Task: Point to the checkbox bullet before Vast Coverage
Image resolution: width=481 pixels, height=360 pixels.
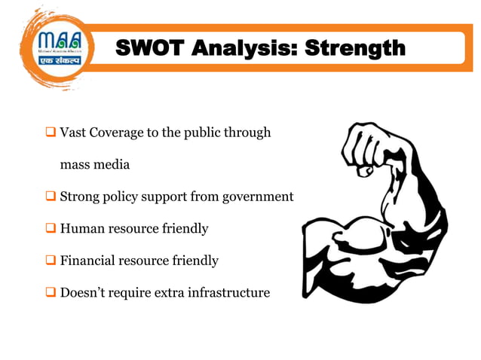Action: click(52, 133)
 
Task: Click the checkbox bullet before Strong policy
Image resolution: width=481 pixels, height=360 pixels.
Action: click(52, 197)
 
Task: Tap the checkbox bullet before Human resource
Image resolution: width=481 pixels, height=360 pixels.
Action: click(52, 228)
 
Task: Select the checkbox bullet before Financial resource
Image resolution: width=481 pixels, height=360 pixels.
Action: click(52, 261)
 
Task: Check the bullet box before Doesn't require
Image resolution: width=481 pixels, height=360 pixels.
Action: click(52, 292)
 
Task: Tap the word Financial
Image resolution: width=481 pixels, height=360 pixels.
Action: click(87, 261)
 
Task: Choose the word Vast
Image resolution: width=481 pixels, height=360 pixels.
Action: click(72, 133)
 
